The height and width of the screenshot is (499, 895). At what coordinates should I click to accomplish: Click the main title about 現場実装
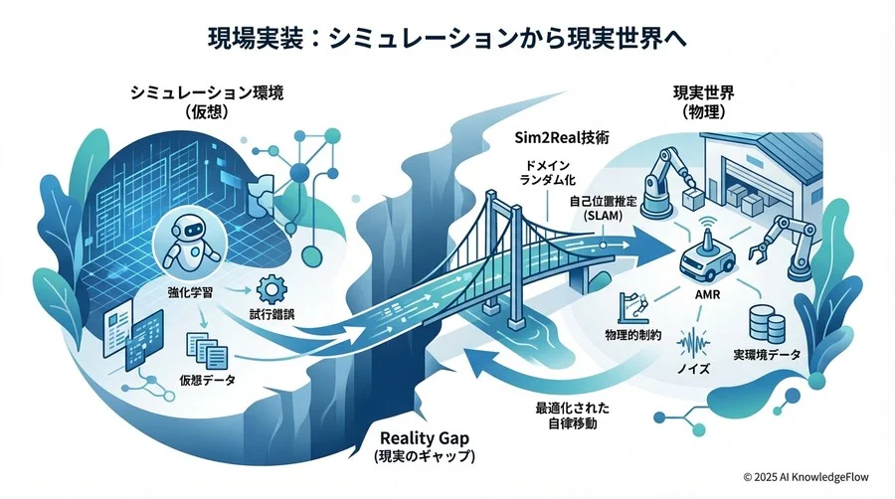click(447, 39)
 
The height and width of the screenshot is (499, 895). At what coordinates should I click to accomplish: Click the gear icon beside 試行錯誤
click(268, 290)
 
